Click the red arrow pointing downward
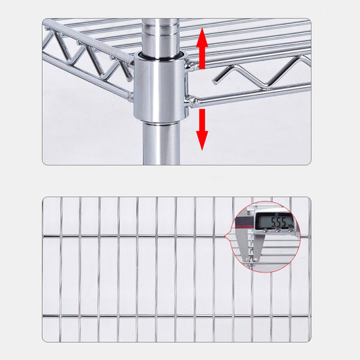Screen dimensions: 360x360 202,129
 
